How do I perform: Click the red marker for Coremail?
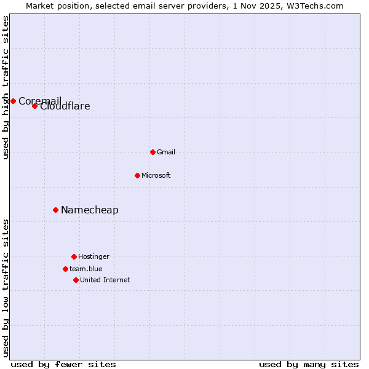point(13,101)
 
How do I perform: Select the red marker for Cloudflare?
point(34,106)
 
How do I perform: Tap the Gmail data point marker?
point(153,152)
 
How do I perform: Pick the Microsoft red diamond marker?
point(137,175)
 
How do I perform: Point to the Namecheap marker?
point(55,210)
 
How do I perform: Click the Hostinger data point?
point(74,256)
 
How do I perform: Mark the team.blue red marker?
point(65,269)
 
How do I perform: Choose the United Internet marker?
point(76,280)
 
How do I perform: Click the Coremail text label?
point(40,101)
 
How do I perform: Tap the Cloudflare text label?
point(65,106)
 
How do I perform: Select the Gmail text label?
point(166,152)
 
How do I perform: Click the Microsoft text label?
point(156,175)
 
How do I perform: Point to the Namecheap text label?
point(90,210)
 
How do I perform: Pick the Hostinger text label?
point(93,256)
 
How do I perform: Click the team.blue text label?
point(86,269)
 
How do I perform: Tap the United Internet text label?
point(105,280)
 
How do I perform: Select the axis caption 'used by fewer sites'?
point(63,364)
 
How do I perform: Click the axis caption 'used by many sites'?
point(309,364)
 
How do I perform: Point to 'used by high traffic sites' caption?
point(6,87)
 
